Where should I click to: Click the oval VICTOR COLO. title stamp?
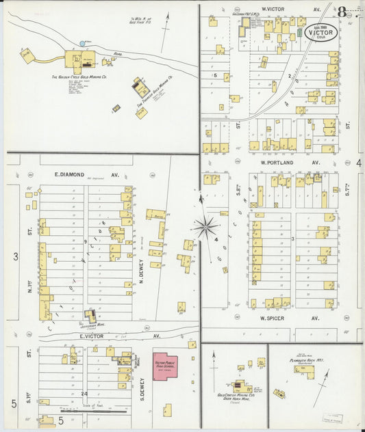coord(320,32)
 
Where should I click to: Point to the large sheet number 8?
coord(341,12)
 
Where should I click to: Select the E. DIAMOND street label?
coord(68,175)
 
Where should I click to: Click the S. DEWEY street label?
coord(142,390)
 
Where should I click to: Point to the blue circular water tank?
coord(83,44)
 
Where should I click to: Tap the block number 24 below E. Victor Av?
coord(85,393)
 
